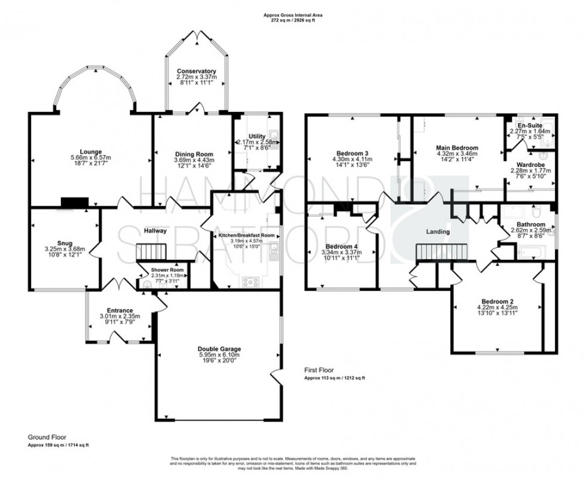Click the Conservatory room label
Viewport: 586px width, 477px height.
(x=196, y=71)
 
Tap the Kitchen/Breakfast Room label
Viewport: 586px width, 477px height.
(x=246, y=235)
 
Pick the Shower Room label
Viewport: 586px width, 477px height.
(x=168, y=269)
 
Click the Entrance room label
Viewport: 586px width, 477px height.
(x=120, y=311)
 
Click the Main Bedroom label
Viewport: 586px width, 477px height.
(x=457, y=147)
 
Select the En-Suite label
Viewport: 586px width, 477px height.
(x=530, y=125)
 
